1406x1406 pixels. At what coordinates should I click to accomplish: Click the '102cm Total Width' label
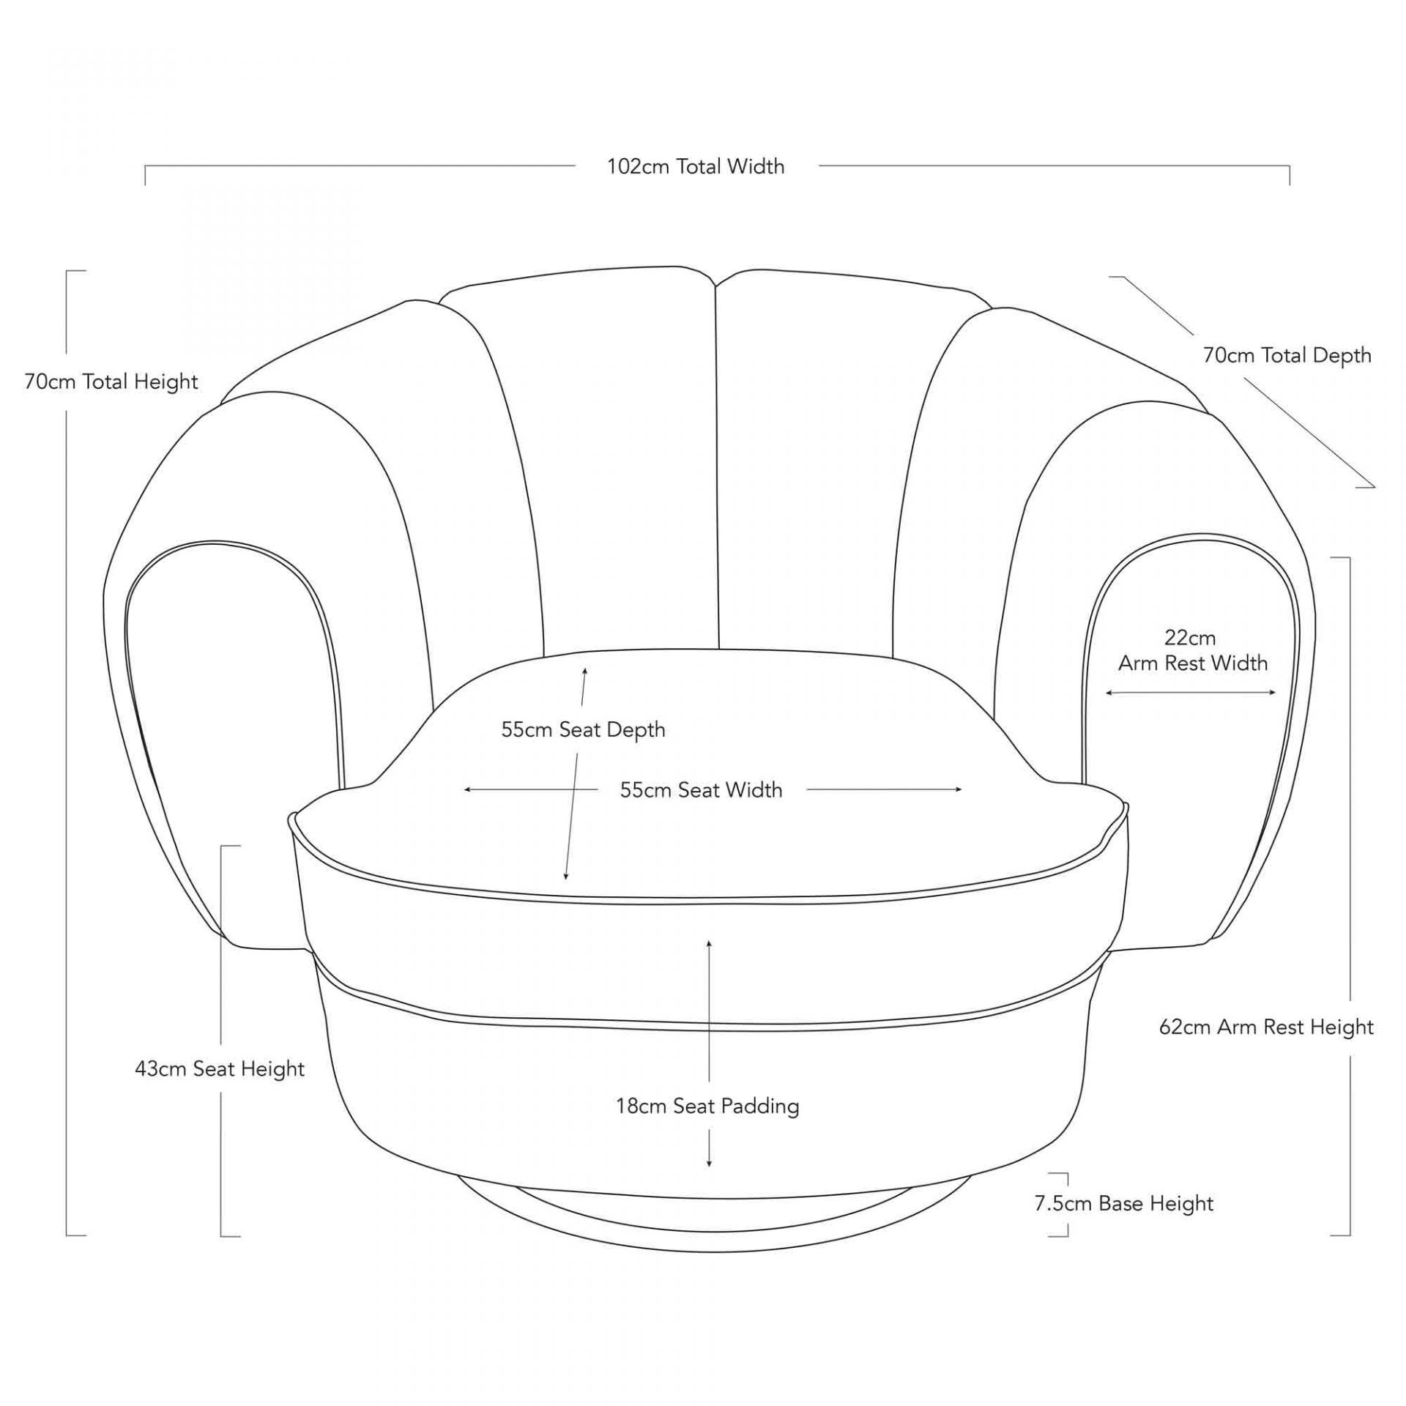click(695, 167)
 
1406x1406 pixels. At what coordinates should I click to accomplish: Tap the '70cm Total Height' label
click(111, 382)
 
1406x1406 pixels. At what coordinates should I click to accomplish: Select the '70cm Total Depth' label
click(1287, 355)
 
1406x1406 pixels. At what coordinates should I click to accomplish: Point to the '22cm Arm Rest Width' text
click(1192, 650)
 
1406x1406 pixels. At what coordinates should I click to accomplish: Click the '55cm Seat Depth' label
click(583, 729)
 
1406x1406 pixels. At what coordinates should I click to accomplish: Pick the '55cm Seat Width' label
click(701, 789)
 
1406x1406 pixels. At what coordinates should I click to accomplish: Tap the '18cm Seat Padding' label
click(707, 1106)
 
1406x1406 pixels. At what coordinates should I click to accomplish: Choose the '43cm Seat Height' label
click(220, 1068)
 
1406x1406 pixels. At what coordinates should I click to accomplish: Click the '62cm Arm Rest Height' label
click(1266, 1027)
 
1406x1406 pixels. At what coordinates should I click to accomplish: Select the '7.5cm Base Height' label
click(1124, 1203)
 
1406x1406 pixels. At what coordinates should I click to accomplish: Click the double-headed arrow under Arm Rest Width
click(1191, 693)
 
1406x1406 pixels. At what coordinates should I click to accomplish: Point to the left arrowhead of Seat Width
click(467, 789)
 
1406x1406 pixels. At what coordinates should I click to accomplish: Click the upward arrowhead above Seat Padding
click(709, 943)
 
